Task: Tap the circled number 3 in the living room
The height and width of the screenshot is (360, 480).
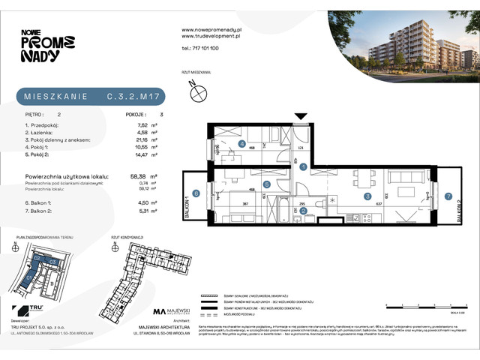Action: [367, 196]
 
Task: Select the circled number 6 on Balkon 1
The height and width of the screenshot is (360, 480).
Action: [196, 194]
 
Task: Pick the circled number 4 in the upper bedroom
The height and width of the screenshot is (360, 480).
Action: [241, 144]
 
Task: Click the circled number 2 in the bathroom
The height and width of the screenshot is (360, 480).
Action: [302, 211]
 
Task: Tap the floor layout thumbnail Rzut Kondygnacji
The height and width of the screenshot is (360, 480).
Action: [147, 273]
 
